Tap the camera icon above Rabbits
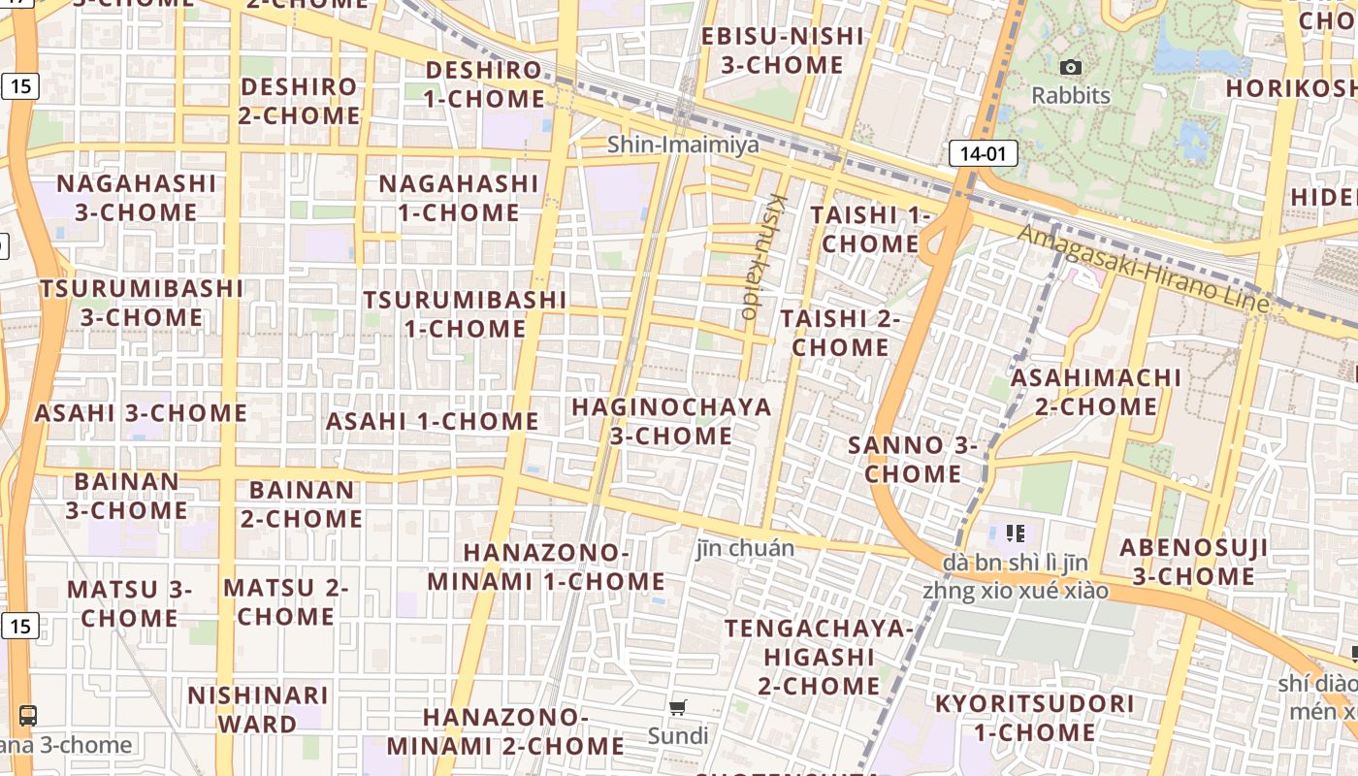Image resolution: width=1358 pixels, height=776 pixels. click(x=1071, y=67)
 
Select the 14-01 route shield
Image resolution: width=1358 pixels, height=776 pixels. click(x=983, y=152)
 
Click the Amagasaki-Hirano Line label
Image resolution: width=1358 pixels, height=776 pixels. click(x=1143, y=268)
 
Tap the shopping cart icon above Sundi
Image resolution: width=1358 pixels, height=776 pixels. click(x=678, y=708)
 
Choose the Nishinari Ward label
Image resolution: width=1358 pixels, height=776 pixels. click(x=257, y=709)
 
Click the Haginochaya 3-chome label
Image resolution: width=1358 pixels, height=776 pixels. click(x=671, y=421)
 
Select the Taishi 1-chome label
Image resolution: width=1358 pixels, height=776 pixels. click(x=870, y=228)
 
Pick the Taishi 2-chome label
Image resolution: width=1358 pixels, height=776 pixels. click(x=840, y=332)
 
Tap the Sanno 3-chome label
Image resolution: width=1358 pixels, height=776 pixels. click(x=913, y=459)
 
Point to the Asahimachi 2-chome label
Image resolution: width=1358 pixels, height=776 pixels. click(x=1096, y=391)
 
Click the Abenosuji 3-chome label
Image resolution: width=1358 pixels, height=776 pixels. click(x=1193, y=562)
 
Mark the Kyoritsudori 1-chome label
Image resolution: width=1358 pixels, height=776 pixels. click(x=1034, y=717)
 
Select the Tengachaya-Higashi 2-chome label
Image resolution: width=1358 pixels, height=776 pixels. click(x=818, y=657)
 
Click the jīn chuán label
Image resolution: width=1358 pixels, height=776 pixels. click(x=745, y=548)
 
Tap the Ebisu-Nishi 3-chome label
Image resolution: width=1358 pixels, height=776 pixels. click(x=781, y=50)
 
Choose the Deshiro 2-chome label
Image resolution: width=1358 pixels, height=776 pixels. click(x=300, y=100)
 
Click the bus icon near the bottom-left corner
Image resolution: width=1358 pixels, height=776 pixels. click(x=28, y=716)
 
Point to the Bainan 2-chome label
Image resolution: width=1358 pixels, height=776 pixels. click(x=302, y=503)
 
